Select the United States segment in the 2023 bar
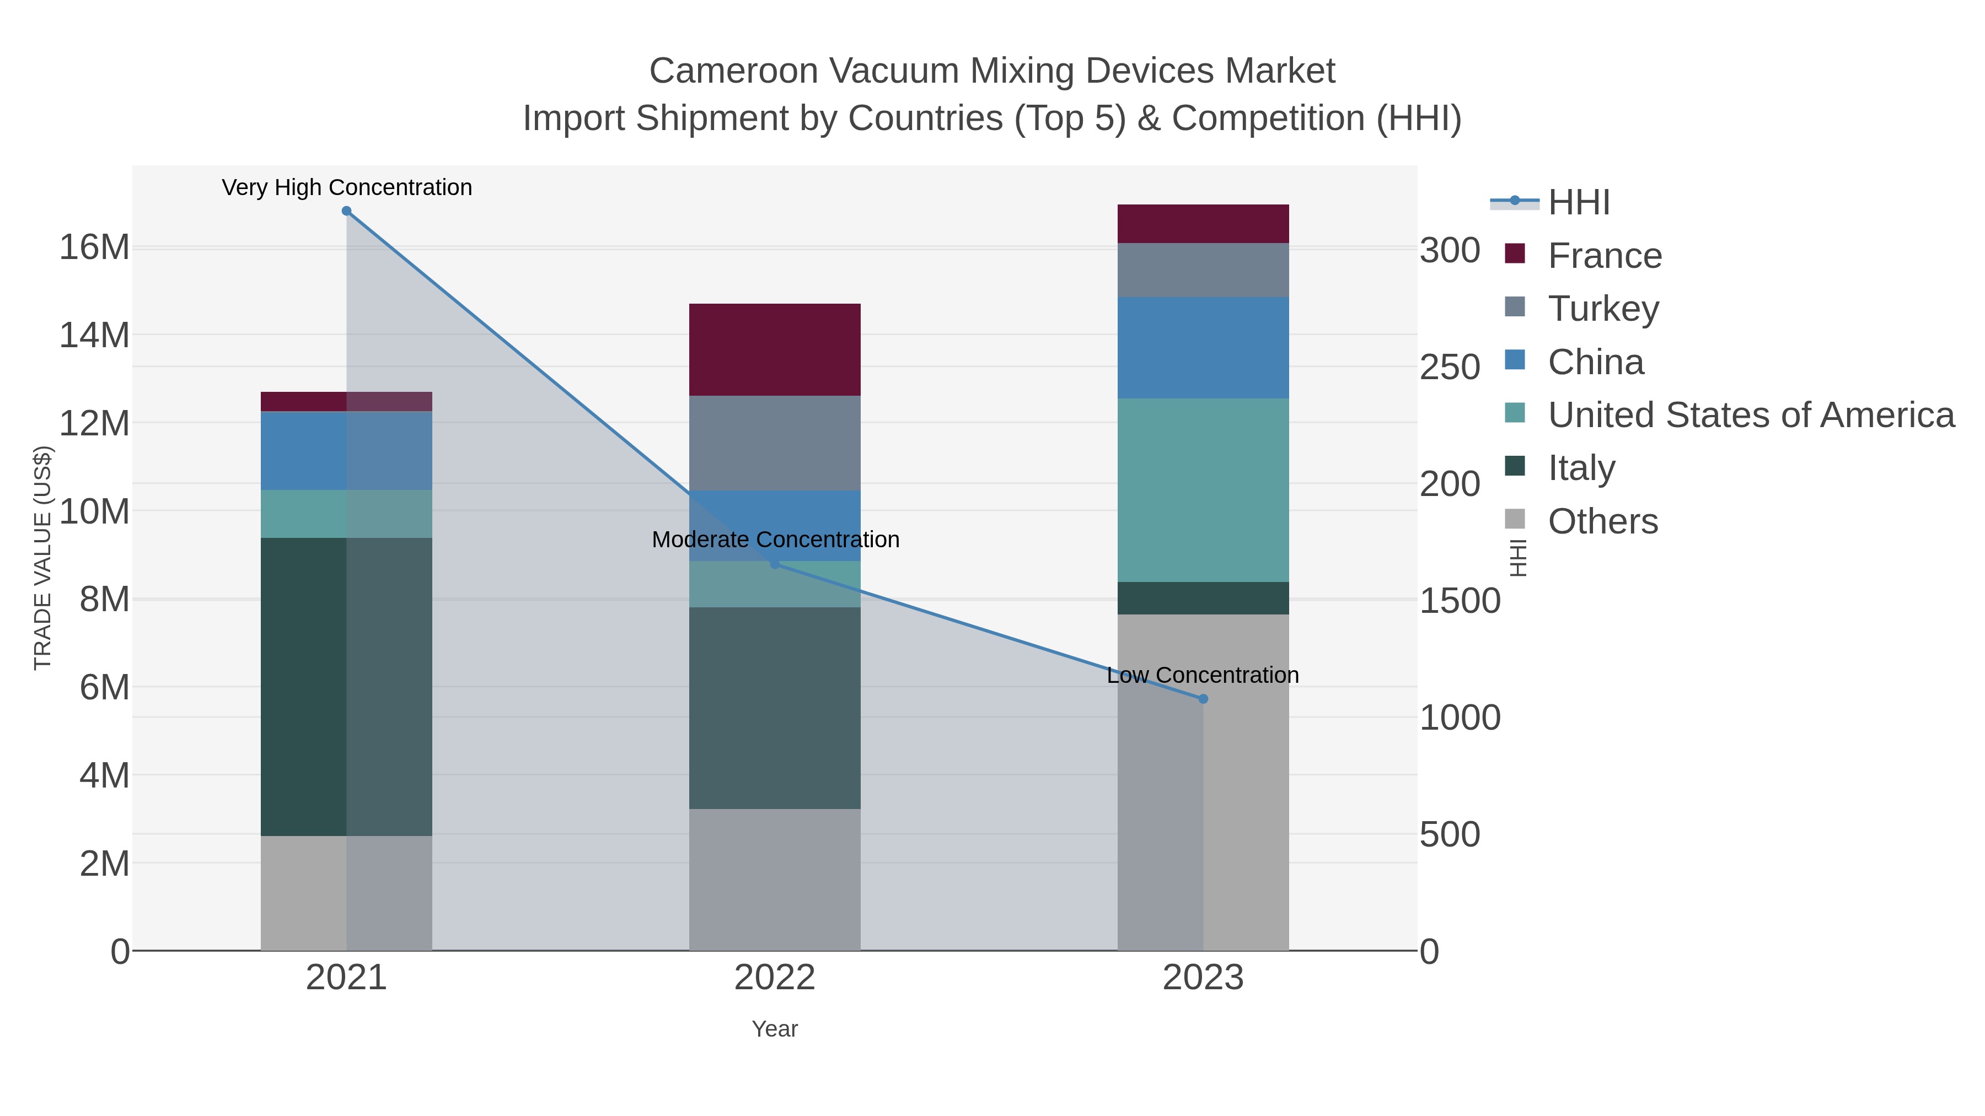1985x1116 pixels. (x=1203, y=490)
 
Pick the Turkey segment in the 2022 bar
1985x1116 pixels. (x=775, y=443)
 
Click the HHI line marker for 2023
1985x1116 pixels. (x=1203, y=699)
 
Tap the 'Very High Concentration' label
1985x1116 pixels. (x=347, y=188)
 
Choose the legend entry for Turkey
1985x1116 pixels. (x=1603, y=309)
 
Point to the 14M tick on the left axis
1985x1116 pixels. (x=94, y=336)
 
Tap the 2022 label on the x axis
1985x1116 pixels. (x=775, y=978)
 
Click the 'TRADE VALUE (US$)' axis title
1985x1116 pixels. (x=43, y=558)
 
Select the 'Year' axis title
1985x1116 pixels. (x=775, y=1029)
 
